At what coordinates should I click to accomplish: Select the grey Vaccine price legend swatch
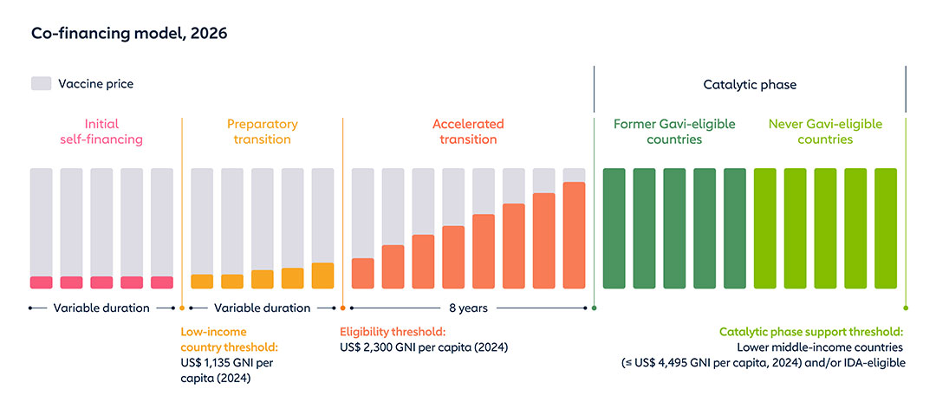point(42,84)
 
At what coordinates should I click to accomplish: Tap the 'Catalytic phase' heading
point(749,85)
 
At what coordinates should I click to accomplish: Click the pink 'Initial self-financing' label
point(101,132)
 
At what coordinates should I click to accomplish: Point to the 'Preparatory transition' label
point(262,132)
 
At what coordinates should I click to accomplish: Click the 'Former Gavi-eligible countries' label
point(669,132)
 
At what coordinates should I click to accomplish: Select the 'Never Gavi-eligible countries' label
point(825,132)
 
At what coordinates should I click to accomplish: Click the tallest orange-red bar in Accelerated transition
point(574,236)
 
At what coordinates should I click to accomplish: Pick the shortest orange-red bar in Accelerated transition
point(362,274)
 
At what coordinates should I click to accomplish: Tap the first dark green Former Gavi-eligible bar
point(614,229)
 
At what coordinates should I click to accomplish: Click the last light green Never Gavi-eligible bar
point(886,229)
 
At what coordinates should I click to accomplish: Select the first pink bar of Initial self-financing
point(42,282)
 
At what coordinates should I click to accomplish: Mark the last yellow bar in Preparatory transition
point(322,276)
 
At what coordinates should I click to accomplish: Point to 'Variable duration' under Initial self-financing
point(101,308)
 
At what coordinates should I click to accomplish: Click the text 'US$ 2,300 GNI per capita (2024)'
point(424,347)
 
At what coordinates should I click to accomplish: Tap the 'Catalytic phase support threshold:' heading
point(811,332)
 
